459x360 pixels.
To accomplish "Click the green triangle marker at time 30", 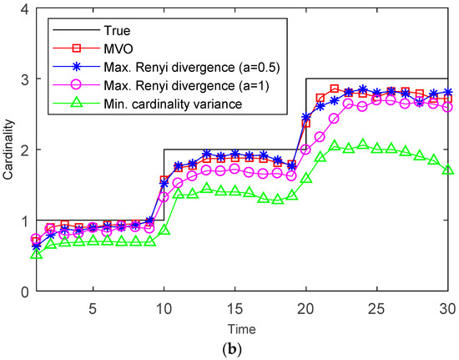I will [x=449, y=170].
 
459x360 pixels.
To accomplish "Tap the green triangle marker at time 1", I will [x=36, y=253].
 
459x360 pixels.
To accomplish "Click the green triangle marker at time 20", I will [x=306, y=178].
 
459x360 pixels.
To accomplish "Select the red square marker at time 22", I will [x=335, y=89].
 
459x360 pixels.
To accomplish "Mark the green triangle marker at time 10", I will [x=164, y=229].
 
